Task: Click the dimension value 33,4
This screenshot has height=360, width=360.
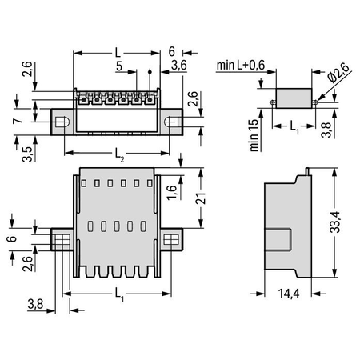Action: [x=335, y=222]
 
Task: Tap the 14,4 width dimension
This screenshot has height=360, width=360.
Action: [x=289, y=294]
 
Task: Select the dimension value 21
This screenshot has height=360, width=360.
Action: [x=201, y=198]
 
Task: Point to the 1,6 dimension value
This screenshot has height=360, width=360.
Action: [x=172, y=192]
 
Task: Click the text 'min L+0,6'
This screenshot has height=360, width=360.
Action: [x=241, y=65]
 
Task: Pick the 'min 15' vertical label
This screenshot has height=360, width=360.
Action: [x=254, y=135]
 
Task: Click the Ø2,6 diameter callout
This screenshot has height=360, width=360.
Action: [x=338, y=73]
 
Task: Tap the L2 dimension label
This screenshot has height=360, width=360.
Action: [x=119, y=154]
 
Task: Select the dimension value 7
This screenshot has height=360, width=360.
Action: [x=18, y=121]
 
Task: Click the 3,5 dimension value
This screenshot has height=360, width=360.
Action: [x=27, y=154]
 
